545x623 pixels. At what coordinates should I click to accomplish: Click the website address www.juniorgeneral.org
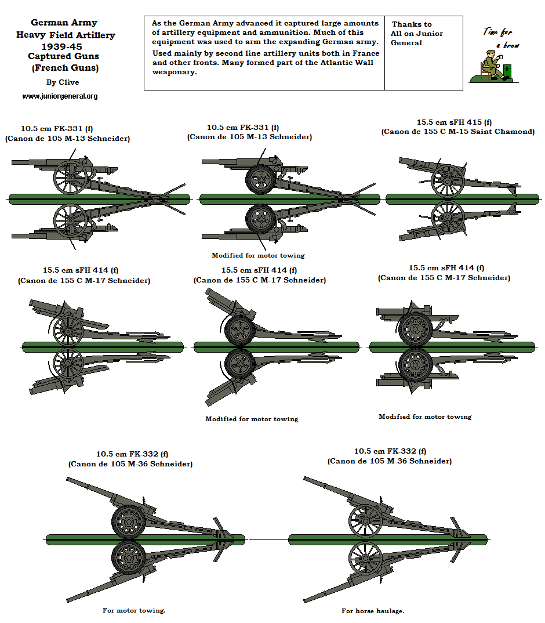pyautogui.click(x=60, y=96)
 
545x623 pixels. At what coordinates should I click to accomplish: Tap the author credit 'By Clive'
pyautogui.click(x=63, y=82)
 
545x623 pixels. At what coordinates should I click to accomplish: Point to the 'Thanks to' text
pyautogui.click(x=412, y=24)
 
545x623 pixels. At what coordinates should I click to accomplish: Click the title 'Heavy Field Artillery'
pyautogui.click(x=66, y=35)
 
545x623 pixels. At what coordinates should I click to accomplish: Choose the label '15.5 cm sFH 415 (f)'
pyautogui.click(x=454, y=122)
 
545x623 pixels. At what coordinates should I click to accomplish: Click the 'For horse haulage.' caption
pyautogui.click(x=373, y=611)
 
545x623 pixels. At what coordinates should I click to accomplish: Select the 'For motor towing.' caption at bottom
pyautogui.click(x=134, y=610)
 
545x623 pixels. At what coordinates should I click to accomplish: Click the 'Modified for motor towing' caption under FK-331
pyautogui.click(x=258, y=255)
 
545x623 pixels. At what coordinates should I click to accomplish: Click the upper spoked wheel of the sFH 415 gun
pyautogui.click(x=448, y=180)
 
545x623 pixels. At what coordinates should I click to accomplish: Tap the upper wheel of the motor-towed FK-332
pyautogui.click(x=128, y=521)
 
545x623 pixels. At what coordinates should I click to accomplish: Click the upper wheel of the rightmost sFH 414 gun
pyautogui.click(x=415, y=329)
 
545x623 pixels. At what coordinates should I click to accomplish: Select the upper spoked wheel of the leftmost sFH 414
pyautogui.click(x=68, y=329)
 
